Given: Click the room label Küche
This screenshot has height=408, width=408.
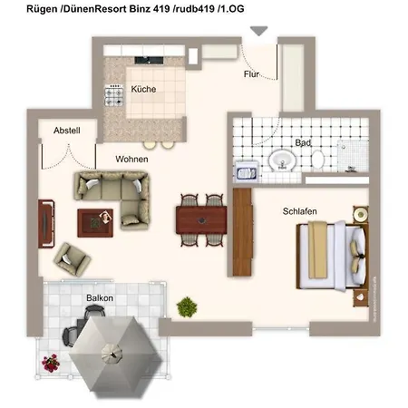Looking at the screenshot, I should (143, 90).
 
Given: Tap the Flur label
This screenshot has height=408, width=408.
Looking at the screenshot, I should (251, 74).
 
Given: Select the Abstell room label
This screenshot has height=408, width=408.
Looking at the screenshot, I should (67, 131).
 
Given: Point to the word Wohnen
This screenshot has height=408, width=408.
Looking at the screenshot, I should (131, 159).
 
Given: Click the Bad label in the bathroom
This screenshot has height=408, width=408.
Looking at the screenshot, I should (303, 143).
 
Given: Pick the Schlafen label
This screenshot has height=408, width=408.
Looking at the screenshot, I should (299, 211).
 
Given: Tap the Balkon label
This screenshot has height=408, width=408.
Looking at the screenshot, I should (100, 297).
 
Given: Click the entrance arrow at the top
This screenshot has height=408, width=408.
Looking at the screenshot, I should (259, 31).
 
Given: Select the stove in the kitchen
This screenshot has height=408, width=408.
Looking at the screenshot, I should (115, 92).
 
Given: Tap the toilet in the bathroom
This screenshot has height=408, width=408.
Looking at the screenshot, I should (317, 160).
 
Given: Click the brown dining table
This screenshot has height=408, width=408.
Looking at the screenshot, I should (202, 218).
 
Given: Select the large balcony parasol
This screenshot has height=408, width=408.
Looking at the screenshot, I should (114, 355).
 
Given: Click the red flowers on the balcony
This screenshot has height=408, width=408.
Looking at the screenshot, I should (51, 363).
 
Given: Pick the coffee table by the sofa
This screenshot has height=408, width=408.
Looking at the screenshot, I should (94, 220).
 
